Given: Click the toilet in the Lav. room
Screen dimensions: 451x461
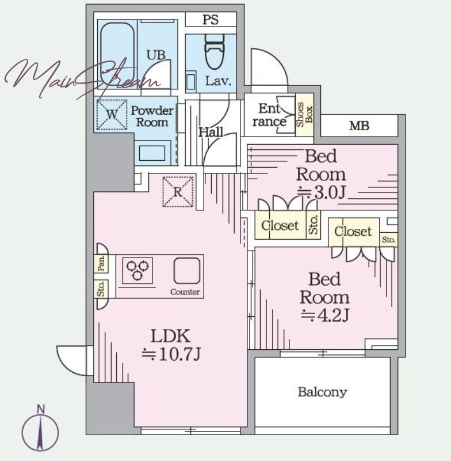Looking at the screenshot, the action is pos(215,51).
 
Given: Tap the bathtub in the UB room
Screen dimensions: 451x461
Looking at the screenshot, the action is pos(117,54).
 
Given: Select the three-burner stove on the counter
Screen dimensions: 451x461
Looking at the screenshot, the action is pos(137,270).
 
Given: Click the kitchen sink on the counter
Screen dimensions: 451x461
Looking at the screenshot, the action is pos(187,271).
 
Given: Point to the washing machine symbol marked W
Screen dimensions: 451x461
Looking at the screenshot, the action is pos(112,114).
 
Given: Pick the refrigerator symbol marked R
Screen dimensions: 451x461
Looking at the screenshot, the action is pos(178,191).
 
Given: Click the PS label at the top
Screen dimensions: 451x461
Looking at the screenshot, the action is pos(211,20).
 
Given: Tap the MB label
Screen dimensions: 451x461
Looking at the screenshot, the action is pos(359,126).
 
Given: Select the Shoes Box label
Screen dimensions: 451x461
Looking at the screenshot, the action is pos(304,115).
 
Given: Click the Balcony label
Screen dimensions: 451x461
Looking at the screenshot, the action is pos(323,392).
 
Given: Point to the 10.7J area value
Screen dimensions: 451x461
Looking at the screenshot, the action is pos(171,354).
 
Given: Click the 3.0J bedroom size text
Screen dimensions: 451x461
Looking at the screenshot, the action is pos(322,193).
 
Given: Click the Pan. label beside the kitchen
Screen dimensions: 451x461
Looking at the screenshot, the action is pos(101,263).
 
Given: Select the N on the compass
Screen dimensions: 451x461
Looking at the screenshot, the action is pos(41,409).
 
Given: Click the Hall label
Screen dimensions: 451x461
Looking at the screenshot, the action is pos(211,132).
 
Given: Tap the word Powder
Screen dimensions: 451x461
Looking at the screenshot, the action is pos(152,111).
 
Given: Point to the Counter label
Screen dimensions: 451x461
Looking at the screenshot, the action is pos(185,292).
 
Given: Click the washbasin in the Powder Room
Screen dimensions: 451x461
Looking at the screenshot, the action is pos(152,153).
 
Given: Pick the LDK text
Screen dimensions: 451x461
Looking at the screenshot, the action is pos(170,336).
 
